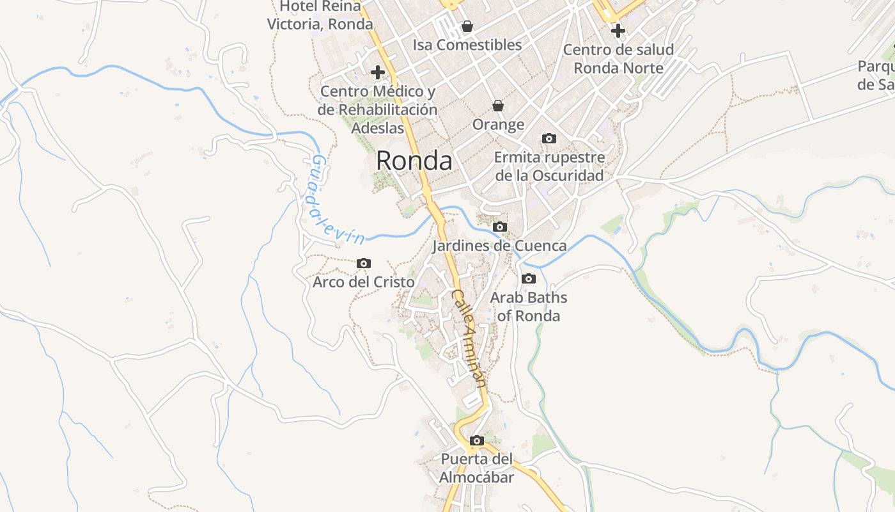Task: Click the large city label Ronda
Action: click(414, 161)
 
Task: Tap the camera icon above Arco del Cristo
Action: click(364, 263)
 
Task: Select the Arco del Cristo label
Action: click(364, 282)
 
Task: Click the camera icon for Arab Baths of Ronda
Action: click(529, 278)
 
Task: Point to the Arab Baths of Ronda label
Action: click(529, 307)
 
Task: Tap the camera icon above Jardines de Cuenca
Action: click(500, 227)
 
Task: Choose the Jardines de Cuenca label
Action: click(499, 246)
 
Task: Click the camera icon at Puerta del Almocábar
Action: click(477, 440)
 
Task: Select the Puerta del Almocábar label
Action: click(477, 468)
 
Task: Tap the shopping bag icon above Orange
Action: click(498, 106)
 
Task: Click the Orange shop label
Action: click(498, 125)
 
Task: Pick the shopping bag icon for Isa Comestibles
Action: click(467, 26)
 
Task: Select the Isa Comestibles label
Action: click(467, 45)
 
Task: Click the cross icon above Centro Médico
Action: click(378, 72)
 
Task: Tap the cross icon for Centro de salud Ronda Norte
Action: click(618, 30)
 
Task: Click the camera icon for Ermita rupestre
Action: click(549, 138)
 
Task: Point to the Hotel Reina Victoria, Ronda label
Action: click(320, 15)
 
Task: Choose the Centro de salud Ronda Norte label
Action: click(618, 59)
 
